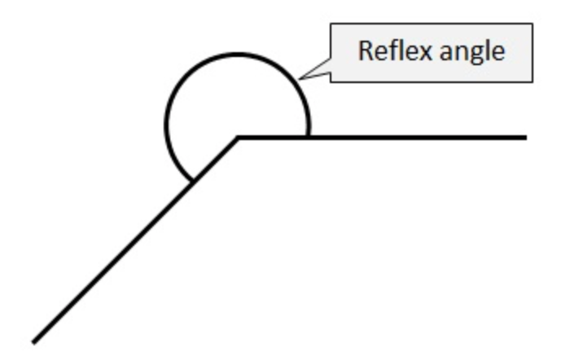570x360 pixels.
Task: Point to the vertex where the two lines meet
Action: pyautogui.click(x=239, y=137)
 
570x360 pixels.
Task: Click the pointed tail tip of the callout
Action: pyautogui.click(x=300, y=80)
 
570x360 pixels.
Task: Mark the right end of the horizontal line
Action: pyautogui.click(x=525, y=137)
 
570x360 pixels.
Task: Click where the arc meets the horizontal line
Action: pyautogui.click(x=309, y=135)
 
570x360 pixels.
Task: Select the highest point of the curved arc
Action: pyautogui.click(x=238, y=54)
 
